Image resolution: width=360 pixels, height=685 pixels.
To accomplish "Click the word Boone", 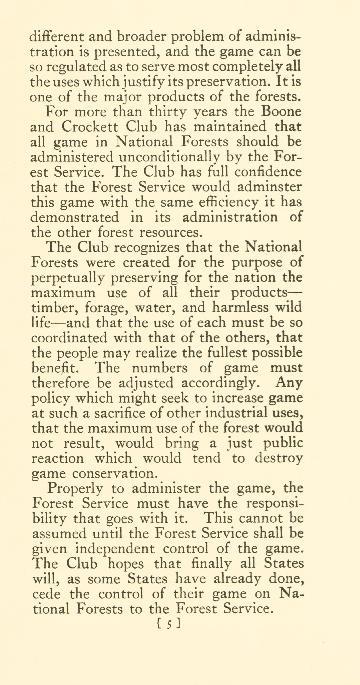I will pos(281,112).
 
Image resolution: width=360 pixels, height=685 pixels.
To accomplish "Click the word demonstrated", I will pos(75,217).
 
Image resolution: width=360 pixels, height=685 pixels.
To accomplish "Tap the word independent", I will pos(114,549).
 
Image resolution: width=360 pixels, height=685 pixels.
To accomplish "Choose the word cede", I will pos(47,594).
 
